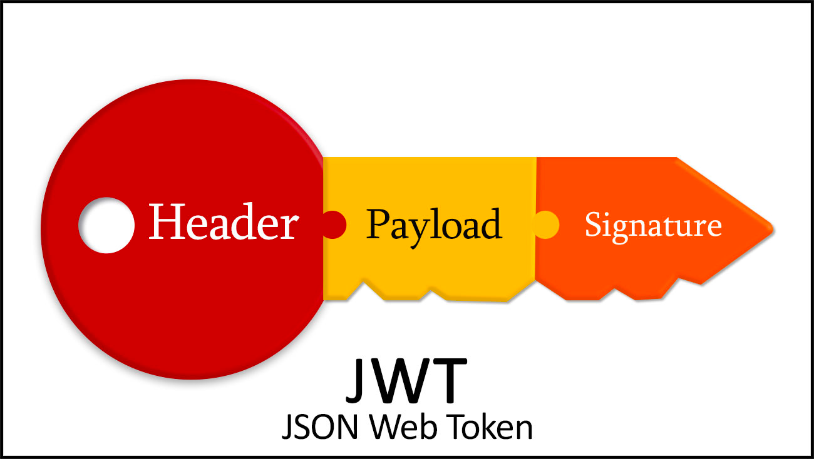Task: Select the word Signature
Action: click(653, 225)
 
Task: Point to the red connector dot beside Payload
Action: click(333, 224)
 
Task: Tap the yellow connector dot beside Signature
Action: click(546, 224)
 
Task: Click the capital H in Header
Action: click(164, 222)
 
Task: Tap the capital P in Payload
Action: click(378, 223)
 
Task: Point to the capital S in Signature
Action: click(592, 224)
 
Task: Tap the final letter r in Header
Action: click(289, 226)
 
